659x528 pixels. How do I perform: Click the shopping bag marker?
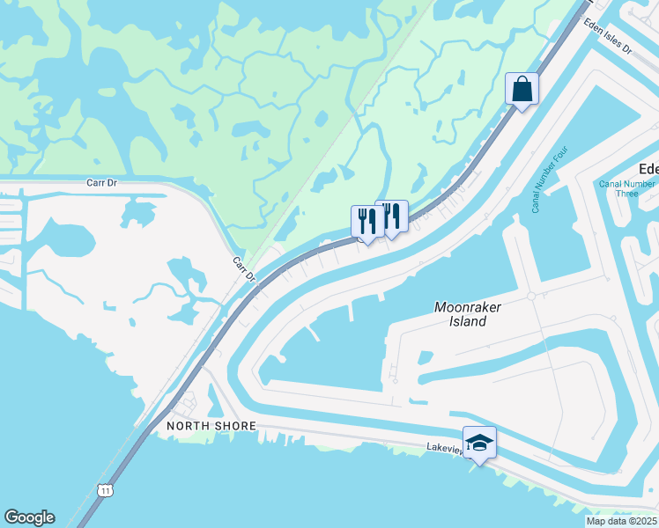(522, 89)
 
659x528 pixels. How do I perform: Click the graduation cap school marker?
(479, 443)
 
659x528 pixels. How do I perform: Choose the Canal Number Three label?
(626, 189)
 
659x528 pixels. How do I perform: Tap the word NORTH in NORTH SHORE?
(187, 426)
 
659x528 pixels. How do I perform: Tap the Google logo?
(29, 517)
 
